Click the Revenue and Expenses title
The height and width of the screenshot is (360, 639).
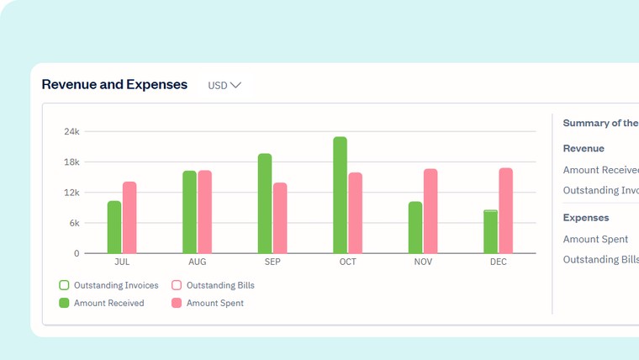[114, 84]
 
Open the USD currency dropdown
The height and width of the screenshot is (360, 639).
[224, 85]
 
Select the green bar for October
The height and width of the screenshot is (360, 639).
[340, 195]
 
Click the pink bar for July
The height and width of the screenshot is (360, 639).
[129, 217]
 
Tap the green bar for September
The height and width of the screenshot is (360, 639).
[265, 204]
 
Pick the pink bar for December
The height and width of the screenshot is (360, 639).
[505, 210]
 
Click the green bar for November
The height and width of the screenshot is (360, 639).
[415, 227]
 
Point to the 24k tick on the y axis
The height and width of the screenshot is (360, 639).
[71, 132]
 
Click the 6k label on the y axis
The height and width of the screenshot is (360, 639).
[73, 223]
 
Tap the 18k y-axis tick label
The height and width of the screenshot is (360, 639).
[71, 162]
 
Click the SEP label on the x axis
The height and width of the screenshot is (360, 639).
[272, 262]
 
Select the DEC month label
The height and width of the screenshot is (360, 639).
[499, 262]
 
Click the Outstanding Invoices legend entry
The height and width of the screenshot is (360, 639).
[108, 285]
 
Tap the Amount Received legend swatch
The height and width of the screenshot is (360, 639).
[64, 303]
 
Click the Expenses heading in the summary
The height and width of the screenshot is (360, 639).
[586, 218]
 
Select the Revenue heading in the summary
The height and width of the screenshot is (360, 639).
[584, 148]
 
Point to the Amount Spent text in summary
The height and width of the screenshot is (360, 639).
[595, 240]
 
